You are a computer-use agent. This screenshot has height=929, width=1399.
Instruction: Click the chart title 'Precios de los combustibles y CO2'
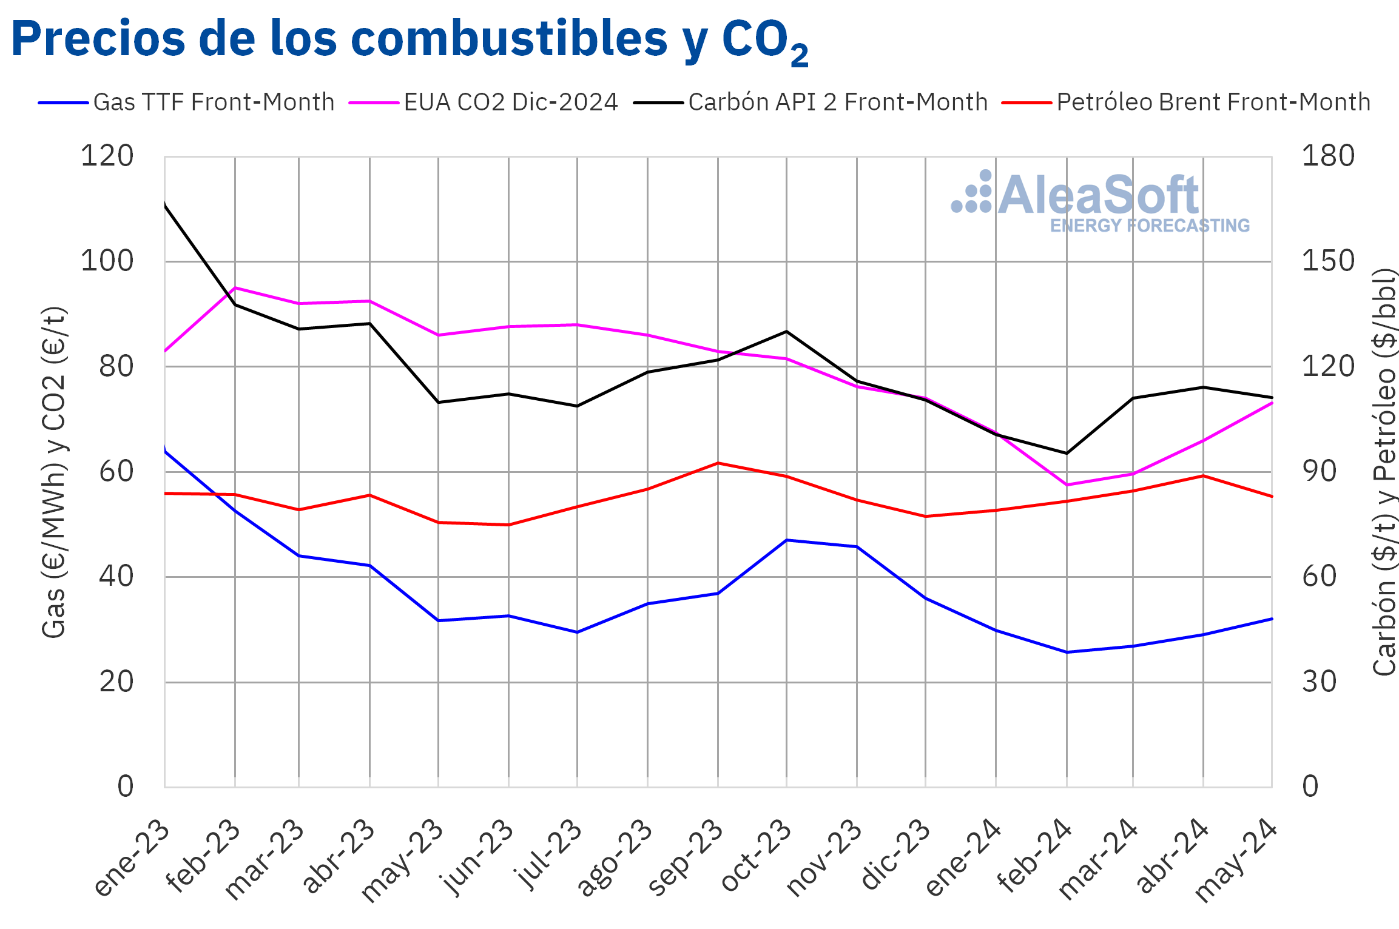tap(410, 39)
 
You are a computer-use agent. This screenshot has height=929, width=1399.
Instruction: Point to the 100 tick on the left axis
tap(107, 261)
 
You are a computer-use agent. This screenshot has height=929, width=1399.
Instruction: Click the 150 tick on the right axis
tap(1328, 261)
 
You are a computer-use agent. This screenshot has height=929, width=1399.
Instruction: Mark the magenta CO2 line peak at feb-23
tap(235, 287)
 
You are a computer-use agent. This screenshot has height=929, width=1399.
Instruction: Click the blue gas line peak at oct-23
tap(786, 540)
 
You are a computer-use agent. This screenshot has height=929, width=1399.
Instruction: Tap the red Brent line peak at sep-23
tap(718, 463)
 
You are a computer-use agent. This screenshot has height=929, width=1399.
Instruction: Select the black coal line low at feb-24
tap(1067, 453)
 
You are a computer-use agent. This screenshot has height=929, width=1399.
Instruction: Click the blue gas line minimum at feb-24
tap(1067, 652)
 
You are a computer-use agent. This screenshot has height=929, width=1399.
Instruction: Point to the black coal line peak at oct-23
tap(786, 331)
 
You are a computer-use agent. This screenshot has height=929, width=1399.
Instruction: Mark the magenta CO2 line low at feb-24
tap(1067, 485)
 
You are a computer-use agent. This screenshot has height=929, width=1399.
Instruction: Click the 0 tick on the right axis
tap(1310, 787)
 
